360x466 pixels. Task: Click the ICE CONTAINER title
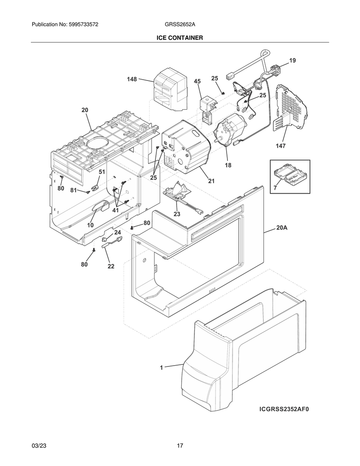(180, 38)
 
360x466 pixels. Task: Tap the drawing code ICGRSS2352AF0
(284, 410)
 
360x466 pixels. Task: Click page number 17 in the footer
(180, 446)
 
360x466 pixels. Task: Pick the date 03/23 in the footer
(39, 446)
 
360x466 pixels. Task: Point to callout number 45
(197, 81)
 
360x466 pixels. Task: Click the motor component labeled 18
(231, 129)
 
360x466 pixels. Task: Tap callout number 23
(177, 214)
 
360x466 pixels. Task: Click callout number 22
(111, 266)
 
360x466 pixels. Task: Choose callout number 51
(102, 172)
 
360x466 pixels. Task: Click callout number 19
(293, 61)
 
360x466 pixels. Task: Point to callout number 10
(90, 225)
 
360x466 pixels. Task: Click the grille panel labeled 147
(291, 108)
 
